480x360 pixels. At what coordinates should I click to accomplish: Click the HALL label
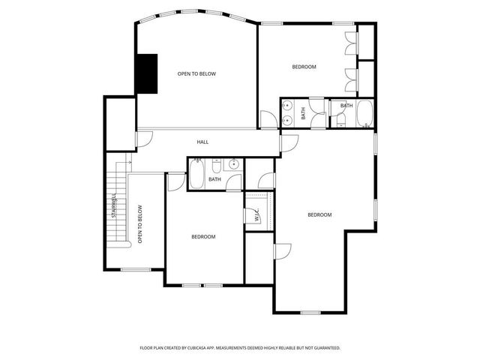(x=202, y=142)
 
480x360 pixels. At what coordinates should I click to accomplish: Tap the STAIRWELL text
(x=114, y=206)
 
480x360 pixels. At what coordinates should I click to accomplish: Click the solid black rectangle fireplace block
(x=146, y=73)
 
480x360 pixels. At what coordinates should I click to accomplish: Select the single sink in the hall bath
(x=233, y=163)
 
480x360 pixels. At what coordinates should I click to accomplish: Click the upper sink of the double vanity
(x=288, y=108)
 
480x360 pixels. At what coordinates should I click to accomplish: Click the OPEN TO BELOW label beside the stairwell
(x=139, y=224)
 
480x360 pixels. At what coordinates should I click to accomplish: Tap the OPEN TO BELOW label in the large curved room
(x=196, y=73)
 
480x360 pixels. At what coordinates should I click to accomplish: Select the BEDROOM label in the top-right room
(x=304, y=67)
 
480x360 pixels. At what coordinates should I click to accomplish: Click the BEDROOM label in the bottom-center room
(x=203, y=237)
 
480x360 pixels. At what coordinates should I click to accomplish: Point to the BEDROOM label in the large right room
(x=319, y=215)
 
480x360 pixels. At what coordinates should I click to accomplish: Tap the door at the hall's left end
(x=145, y=139)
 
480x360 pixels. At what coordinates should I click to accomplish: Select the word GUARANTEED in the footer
(x=325, y=348)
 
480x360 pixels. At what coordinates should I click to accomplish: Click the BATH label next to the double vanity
(x=304, y=114)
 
